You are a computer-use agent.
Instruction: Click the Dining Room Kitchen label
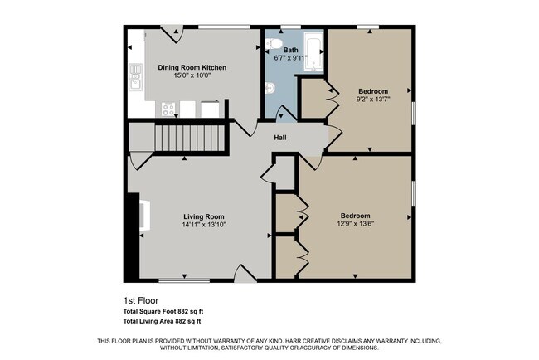click(x=192, y=67)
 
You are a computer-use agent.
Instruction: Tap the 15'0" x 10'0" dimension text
click(x=192, y=75)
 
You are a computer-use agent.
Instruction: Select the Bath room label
click(x=290, y=50)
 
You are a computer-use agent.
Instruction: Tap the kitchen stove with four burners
click(x=168, y=108)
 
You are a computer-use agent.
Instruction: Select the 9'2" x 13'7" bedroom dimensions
click(x=372, y=99)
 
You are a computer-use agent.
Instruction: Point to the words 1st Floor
click(x=140, y=300)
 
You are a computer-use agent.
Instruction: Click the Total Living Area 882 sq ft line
click(x=162, y=321)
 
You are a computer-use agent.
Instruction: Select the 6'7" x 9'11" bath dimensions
click(x=290, y=58)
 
